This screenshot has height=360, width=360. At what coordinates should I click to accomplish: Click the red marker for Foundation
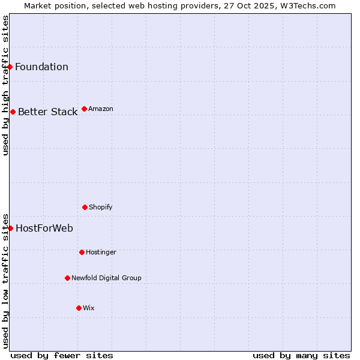10,67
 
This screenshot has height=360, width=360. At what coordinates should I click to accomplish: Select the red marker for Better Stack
13,112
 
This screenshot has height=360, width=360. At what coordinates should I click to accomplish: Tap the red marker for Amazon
84,109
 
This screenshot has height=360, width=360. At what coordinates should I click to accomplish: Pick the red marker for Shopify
85,207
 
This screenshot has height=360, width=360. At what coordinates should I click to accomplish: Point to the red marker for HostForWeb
10,228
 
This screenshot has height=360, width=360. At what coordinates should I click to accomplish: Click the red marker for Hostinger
82,252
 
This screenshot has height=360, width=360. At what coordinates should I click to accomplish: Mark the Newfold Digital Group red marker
67,278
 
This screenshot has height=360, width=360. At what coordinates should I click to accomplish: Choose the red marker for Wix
79,308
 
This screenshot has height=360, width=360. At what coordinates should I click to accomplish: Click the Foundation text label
41,67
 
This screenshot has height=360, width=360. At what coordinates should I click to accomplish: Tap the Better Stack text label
47,112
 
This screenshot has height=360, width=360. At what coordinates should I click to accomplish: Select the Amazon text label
101,109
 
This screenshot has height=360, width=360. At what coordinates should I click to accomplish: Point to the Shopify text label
101,207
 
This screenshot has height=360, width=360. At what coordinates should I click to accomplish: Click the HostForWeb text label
44,228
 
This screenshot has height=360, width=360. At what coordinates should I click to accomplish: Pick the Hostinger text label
101,252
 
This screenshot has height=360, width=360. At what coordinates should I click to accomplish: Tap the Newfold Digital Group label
106,278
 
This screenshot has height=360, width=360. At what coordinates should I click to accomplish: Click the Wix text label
89,308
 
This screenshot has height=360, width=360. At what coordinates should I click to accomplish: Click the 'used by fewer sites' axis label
62,355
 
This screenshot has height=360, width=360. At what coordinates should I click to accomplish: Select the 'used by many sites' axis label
301,355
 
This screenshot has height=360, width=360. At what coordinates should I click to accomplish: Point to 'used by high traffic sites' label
5,85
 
